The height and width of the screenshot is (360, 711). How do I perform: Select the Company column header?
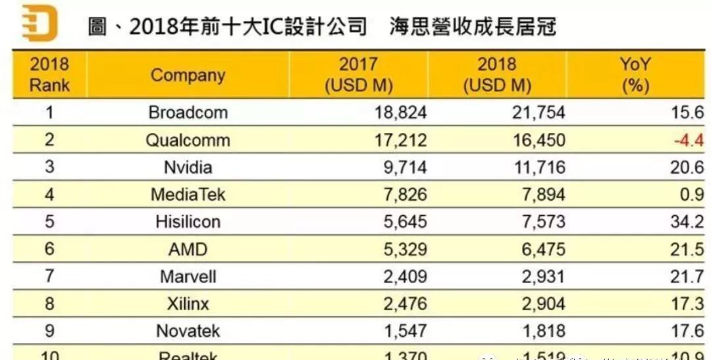[x=188, y=75]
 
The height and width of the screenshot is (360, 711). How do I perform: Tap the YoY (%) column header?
[x=635, y=75]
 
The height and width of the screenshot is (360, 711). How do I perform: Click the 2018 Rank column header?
[x=49, y=75]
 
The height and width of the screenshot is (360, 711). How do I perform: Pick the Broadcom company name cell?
[x=188, y=113]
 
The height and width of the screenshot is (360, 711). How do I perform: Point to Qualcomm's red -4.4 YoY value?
[x=688, y=140]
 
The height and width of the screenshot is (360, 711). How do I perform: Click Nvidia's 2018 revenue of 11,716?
[x=539, y=167]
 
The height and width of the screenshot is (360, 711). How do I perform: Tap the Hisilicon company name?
[x=188, y=222]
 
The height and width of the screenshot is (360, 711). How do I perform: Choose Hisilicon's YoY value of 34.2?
[x=687, y=222]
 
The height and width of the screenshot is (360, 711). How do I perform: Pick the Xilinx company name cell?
[x=188, y=303]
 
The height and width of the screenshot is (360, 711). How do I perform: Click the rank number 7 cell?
[x=49, y=276]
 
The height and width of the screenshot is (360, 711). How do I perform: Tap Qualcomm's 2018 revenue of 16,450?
[x=539, y=140]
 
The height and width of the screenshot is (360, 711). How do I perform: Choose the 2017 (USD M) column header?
[x=358, y=75]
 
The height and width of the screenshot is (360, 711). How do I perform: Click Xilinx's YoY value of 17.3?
[x=687, y=303]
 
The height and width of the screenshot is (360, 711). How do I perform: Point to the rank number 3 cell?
[x=49, y=167]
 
